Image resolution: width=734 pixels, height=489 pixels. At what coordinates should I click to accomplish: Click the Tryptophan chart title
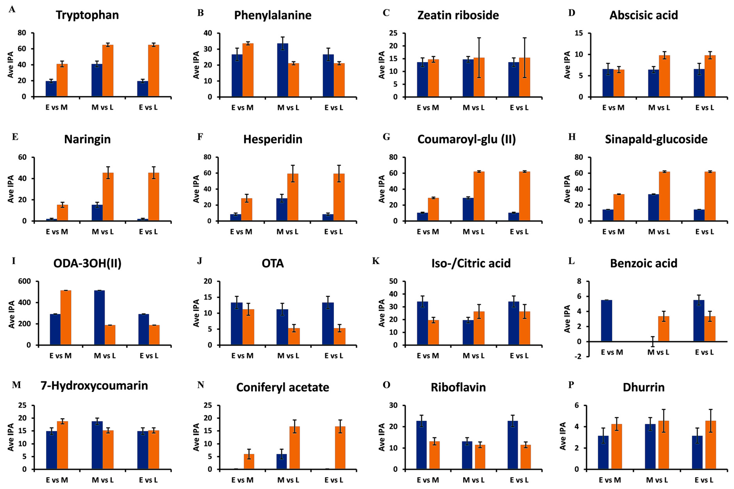pos(87,15)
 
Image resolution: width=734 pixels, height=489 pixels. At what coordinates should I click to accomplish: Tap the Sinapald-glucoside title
pos(656,139)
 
